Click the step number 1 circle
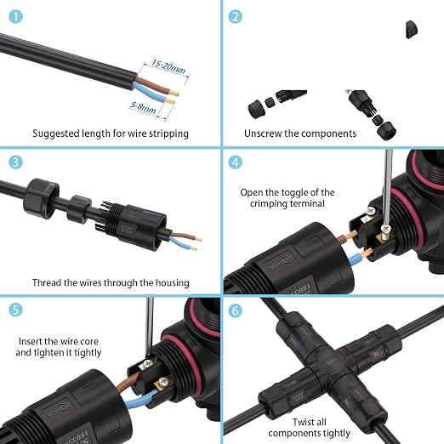(x=15, y=16)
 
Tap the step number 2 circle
(x=236, y=16)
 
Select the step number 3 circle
(x=15, y=162)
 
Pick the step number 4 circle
(x=236, y=162)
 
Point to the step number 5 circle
(x=15, y=310)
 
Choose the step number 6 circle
(x=236, y=310)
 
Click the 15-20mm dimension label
(x=168, y=66)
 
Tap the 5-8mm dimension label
(x=143, y=107)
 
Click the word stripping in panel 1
(x=168, y=134)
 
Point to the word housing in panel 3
(x=173, y=282)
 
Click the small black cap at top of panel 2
(x=412, y=29)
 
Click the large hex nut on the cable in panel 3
(x=42, y=198)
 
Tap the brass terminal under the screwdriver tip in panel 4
(x=384, y=236)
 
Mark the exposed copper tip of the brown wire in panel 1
(x=174, y=93)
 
